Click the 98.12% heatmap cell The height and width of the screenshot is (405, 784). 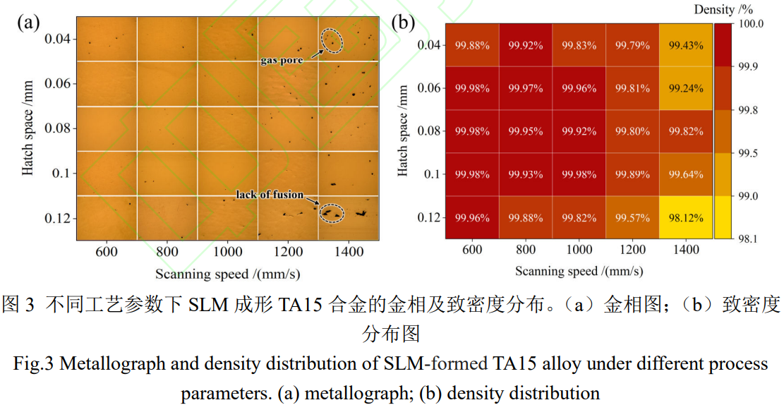685,217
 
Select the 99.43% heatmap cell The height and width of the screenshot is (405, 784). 685,45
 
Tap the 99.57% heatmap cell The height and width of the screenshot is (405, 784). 632,217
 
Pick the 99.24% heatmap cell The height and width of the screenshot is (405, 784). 685,88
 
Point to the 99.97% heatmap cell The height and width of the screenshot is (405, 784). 525,88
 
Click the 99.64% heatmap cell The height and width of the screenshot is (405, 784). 685,174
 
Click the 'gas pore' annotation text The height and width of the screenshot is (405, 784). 282,61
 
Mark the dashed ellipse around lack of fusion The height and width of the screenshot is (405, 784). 330,212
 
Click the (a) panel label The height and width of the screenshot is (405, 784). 28,22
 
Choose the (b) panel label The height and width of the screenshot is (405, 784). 403,22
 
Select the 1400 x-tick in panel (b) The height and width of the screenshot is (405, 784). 685,250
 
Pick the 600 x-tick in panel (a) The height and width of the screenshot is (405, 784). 106,250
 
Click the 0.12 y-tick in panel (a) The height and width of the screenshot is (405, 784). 57,218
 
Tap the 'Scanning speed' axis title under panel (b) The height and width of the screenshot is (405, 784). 579,271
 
